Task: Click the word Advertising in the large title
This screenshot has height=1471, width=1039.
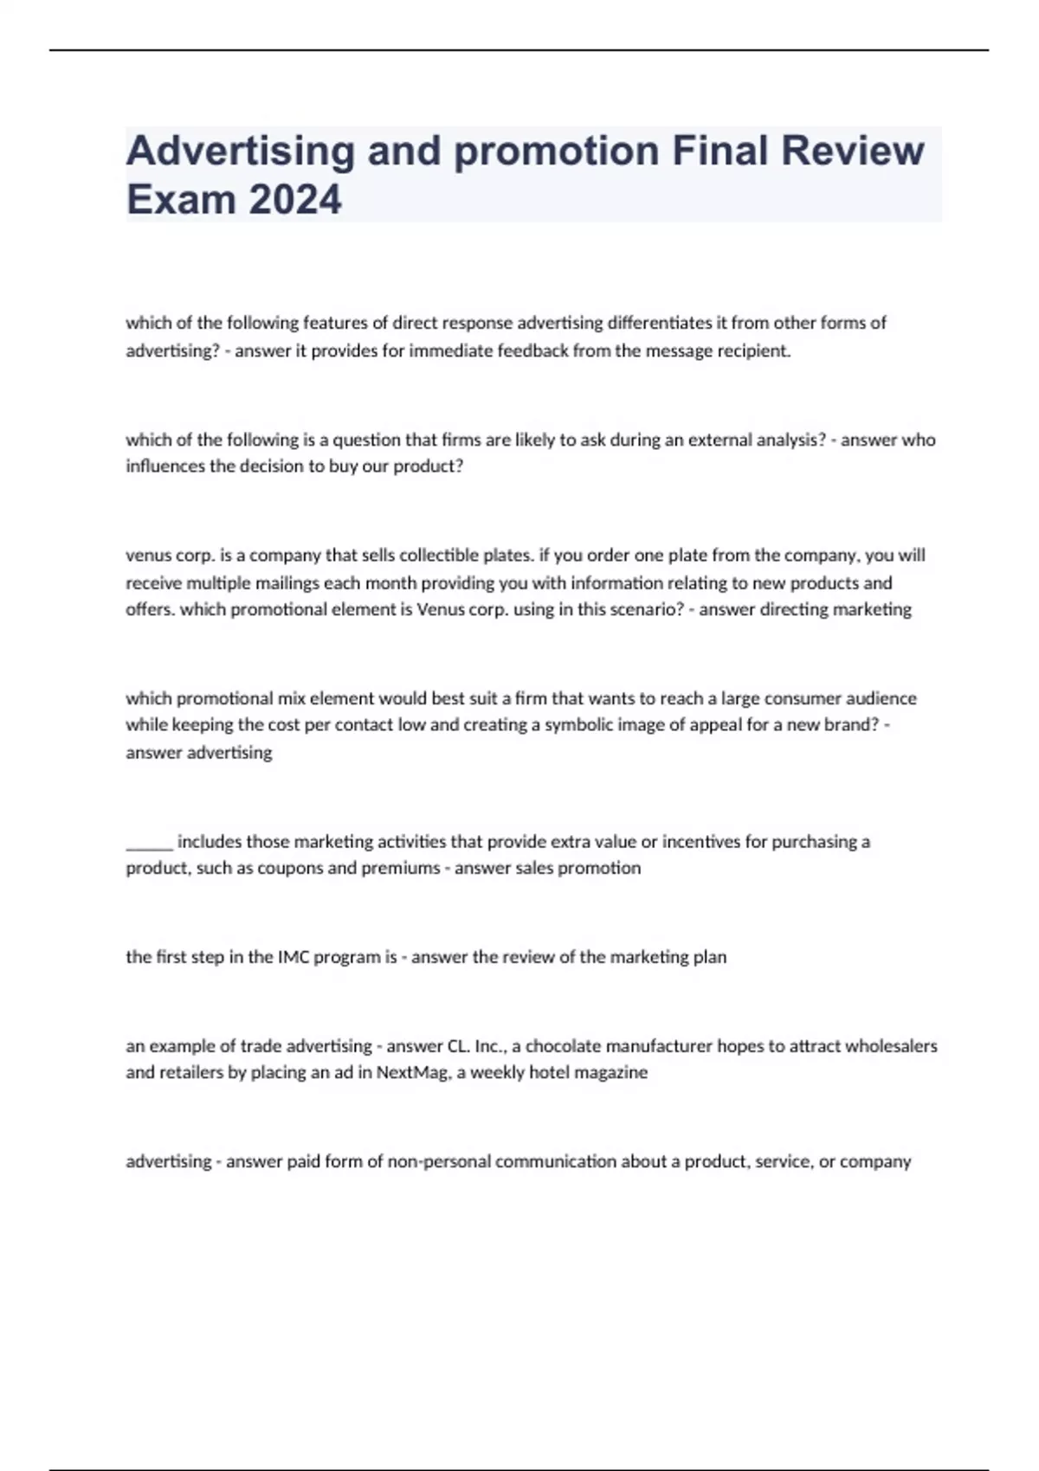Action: tap(240, 151)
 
